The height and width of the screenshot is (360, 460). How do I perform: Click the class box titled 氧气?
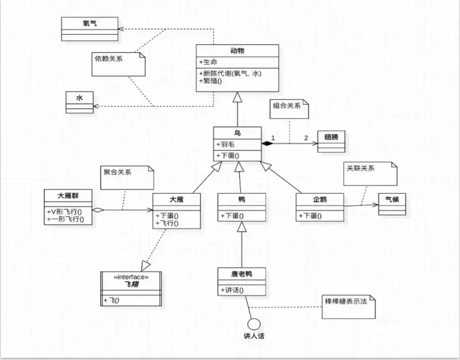tap(89, 28)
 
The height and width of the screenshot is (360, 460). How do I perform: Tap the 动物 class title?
tap(237, 51)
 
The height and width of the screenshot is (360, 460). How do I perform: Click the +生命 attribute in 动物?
tap(210, 62)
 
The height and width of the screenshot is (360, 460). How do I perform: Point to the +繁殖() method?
tap(211, 81)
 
